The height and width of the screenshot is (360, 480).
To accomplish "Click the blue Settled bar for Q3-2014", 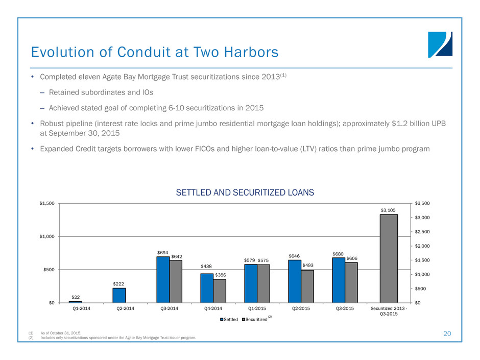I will (163, 279).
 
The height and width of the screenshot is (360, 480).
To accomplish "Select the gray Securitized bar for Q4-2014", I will (220, 291).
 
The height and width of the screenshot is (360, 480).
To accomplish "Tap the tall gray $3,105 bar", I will (389, 258).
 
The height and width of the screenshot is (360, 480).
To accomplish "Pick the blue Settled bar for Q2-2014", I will (119, 295).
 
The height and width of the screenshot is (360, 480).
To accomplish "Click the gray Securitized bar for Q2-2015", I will (307, 286).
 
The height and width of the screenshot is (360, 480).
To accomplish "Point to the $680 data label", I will (338, 253).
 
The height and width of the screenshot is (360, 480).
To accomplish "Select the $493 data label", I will (307, 266).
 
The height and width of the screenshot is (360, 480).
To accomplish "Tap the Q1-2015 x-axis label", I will (257, 308).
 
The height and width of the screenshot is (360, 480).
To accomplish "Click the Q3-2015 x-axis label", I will (345, 308).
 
